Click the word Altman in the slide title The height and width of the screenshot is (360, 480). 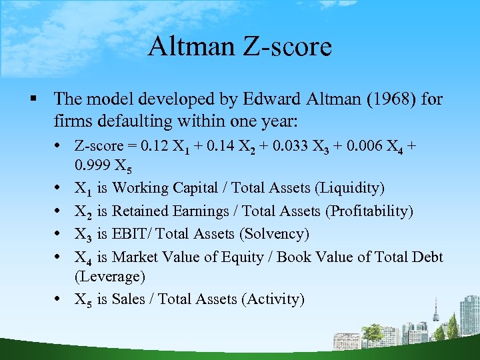[x=188, y=47]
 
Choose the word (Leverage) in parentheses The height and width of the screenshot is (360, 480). [x=109, y=276]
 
